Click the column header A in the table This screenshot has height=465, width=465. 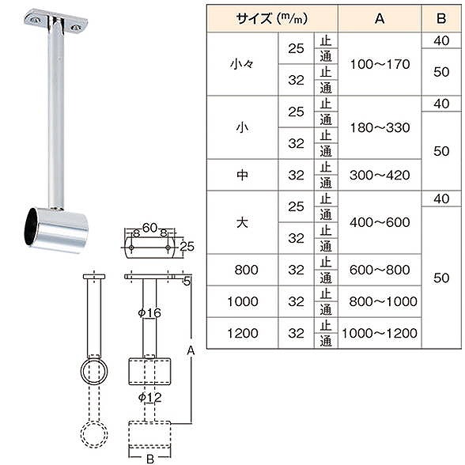point(380,19)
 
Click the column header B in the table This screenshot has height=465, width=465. point(441,19)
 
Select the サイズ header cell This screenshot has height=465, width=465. point(272,19)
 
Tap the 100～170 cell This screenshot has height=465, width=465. point(380,64)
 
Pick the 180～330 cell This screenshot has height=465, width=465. point(380,128)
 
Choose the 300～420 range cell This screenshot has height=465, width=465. point(380,176)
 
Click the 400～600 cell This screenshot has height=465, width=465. point(380,222)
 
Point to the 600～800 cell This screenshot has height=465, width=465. point(380,270)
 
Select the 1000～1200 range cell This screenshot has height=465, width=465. point(380,334)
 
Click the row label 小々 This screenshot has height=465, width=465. point(242,64)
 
